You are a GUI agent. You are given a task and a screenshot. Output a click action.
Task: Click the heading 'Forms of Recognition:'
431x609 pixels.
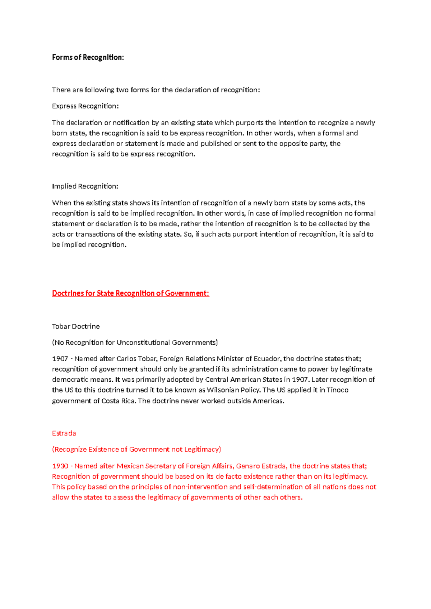88,57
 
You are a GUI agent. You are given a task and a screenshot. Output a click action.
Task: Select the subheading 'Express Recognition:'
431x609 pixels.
85,106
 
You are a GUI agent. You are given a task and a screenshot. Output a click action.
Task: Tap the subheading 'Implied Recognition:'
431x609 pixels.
85,186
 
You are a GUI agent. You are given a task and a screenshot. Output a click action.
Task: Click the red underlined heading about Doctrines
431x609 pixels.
130,293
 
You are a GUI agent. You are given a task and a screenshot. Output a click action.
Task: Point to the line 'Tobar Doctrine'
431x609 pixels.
76,326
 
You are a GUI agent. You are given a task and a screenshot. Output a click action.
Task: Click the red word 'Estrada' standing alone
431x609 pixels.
64,433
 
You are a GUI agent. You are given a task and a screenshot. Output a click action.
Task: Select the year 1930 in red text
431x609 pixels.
60,466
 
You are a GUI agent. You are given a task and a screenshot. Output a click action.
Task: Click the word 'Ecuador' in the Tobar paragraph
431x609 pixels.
267,359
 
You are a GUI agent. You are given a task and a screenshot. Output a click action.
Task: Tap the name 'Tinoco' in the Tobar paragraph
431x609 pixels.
337,390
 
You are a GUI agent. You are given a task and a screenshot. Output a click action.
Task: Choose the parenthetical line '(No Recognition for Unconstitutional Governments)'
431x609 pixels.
135,343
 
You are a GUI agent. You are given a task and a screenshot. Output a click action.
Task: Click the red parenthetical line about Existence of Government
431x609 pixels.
136,450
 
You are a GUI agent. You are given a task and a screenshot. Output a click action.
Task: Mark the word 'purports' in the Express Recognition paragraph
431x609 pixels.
249,123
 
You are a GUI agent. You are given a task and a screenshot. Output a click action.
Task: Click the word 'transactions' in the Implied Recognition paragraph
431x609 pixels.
95,234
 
